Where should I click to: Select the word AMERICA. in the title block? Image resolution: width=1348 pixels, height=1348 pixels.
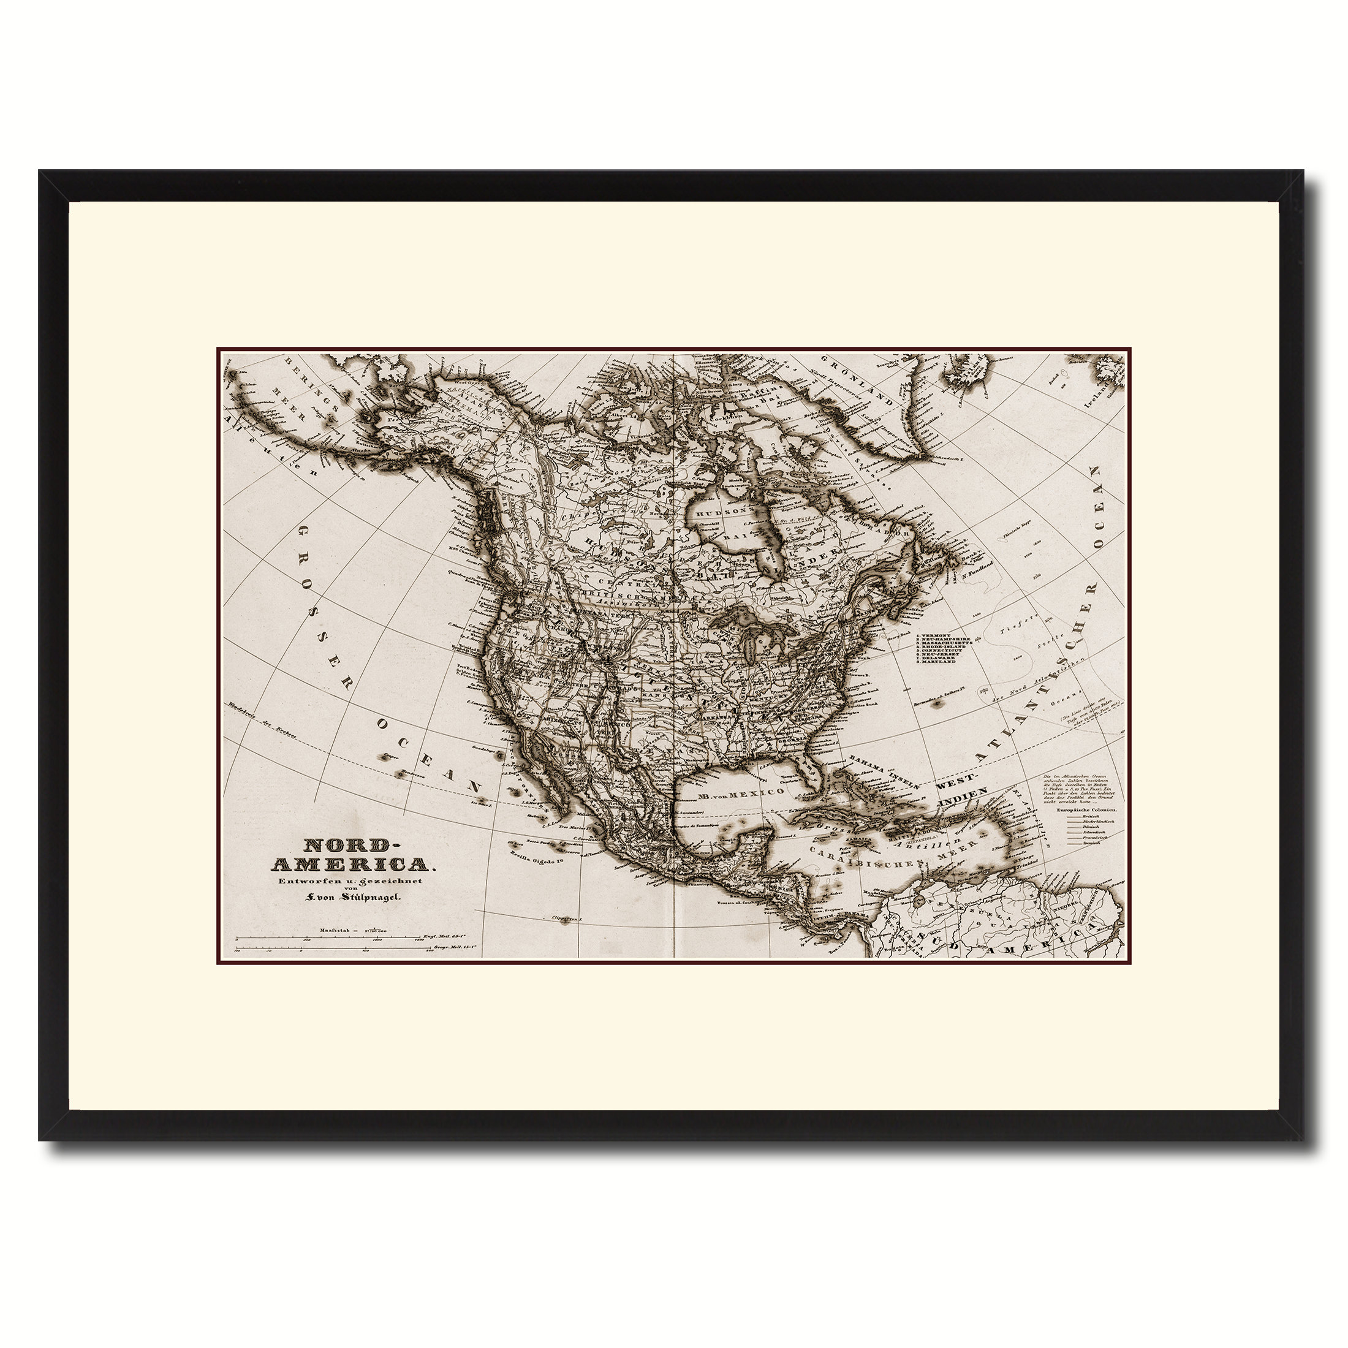351,865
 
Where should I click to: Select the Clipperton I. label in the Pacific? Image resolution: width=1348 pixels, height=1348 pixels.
566,919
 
